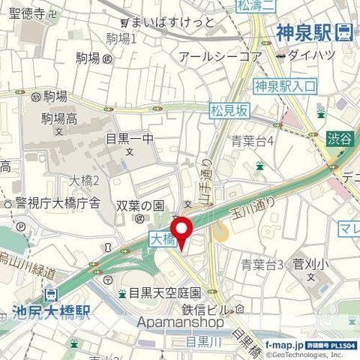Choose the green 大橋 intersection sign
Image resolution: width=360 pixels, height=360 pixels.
(161, 239)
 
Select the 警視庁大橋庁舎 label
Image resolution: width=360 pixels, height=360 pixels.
(57, 202)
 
